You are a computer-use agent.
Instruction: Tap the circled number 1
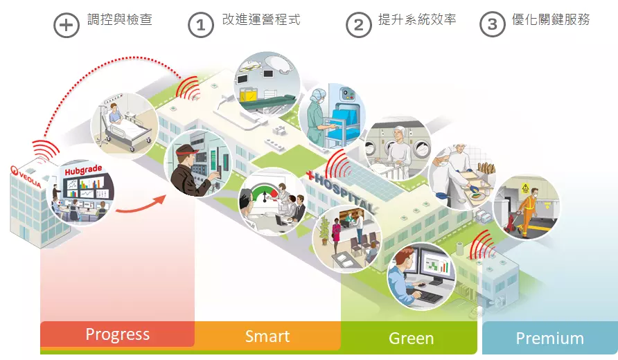coord(201,25)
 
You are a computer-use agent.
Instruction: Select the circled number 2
coord(358,25)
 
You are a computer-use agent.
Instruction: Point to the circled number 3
coord(492,25)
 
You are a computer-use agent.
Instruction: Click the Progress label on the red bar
coord(117,334)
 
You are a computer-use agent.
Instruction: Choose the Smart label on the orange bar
coord(267,336)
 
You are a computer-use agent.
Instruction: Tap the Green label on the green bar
coord(412,339)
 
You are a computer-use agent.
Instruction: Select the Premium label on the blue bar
coord(549,339)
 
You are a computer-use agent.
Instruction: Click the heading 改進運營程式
coord(261,20)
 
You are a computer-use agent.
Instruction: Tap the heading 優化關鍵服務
coord(551,20)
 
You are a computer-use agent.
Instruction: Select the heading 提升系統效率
coord(417,20)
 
